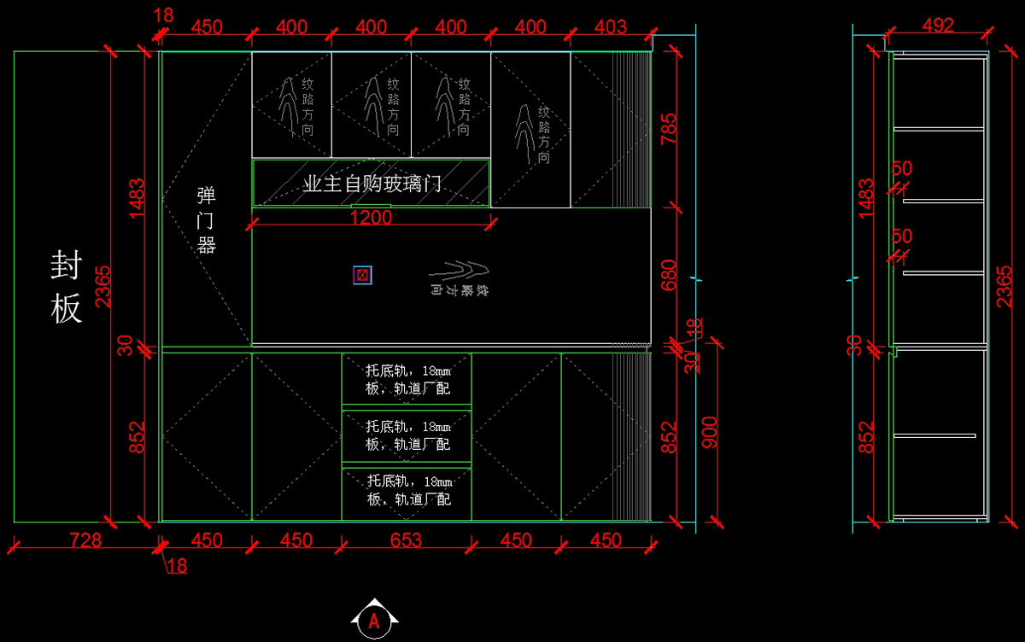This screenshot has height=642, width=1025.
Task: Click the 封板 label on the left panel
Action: pyautogui.click(x=66, y=287)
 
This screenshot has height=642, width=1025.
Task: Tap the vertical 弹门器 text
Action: pyautogui.click(x=206, y=220)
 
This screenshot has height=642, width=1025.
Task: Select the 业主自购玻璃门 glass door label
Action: pyautogui.click(x=372, y=183)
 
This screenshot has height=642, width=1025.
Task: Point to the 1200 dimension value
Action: pyautogui.click(x=371, y=218)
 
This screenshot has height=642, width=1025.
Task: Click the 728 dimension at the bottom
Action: pyautogui.click(x=85, y=540)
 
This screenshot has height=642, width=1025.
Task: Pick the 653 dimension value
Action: pyautogui.click(x=406, y=540)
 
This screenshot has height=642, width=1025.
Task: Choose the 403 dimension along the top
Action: pyautogui.click(x=610, y=27)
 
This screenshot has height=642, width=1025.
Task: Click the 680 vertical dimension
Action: pyautogui.click(x=669, y=276)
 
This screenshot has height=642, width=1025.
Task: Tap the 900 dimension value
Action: pyautogui.click(x=709, y=433)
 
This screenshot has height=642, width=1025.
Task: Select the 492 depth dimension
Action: pyautogui.click(x=938, y=26)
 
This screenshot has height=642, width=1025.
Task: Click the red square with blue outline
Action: pyautogui.click(x=362, y=275)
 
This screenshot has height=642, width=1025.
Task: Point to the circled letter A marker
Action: pyautogui.click(x=373, y=622)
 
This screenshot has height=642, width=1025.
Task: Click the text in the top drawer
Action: pyautogui.click(x=407, y=379)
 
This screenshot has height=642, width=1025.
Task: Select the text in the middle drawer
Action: pyautogui.click(x=407, y=435)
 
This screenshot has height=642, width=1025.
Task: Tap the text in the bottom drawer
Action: pyautogui.click(x=407, y=490)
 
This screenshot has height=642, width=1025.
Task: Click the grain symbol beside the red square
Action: pyautogui.click(x=462, y=278)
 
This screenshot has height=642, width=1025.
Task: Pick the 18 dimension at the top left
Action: pyautogui.click(x=164, y=15)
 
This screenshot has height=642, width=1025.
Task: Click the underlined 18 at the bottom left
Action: pyautogui.click(x=178, y=565)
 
